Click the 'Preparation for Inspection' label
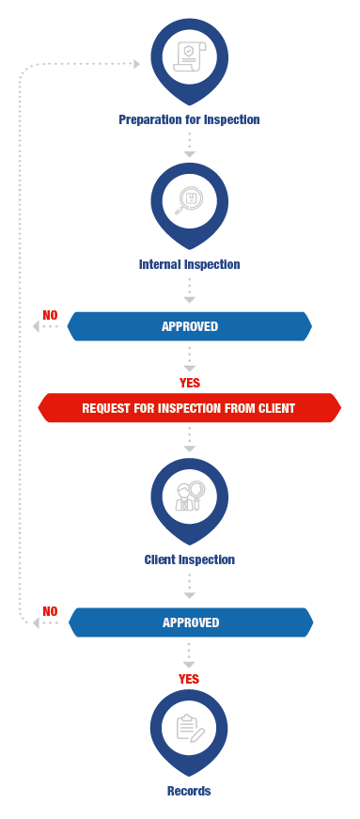[189, 119]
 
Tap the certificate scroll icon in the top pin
[190, 57]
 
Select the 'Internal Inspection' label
[189, 264]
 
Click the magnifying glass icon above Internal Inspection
[189, 201]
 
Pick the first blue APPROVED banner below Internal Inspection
[190, 326]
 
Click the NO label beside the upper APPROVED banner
[50, 316]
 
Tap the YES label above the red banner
[190, 383]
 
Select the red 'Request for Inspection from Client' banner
[189, 408]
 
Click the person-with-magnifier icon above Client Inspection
[190, 496]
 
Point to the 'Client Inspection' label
[189, 559]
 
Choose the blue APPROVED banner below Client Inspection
[191, 622]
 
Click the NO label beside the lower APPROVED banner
[50, 611]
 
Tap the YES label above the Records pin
[189, 679]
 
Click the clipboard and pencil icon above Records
[190, 728]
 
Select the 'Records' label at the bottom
[189, 791]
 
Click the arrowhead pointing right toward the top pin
[137, 64]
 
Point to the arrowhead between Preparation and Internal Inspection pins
[190, 154]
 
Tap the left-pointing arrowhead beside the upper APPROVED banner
[36, 326]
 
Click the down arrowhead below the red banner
[190, 449]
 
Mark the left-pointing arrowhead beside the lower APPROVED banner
[36, 622]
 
